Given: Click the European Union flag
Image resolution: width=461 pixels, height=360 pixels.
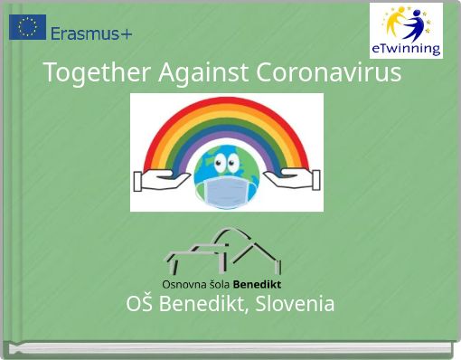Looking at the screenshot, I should tap(27, 27).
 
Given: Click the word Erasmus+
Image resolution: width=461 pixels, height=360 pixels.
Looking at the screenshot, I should tap(91, 34).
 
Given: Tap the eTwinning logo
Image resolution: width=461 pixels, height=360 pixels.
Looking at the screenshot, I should tap(406, 30).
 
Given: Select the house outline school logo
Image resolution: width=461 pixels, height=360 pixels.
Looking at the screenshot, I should tap(222, 251).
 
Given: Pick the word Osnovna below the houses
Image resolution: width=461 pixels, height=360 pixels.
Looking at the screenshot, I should tap(183, 285).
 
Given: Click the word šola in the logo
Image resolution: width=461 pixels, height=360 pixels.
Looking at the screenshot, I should tap(219, 285).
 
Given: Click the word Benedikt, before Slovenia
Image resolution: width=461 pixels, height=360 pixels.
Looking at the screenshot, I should tap(204, 304).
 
